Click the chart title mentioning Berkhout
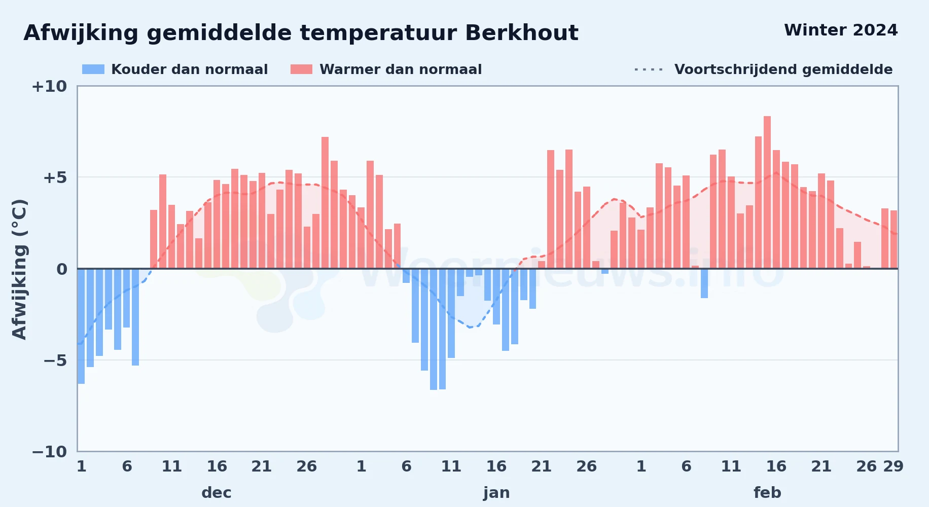301,33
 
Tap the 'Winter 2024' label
841,30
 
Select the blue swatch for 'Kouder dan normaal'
93,69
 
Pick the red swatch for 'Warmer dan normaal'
301,69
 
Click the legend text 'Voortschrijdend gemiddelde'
783,69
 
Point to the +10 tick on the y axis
49,86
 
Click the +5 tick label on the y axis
55,177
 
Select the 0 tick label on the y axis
62,269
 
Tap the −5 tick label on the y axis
55,360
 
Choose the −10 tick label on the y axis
49,452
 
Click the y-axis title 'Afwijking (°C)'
19,269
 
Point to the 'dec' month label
217,493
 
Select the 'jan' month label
496,493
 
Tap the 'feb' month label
767,493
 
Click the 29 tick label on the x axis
894,466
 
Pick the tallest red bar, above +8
767,192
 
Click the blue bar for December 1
81,326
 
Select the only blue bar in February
704,283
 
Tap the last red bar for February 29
894,239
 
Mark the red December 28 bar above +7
325,203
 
